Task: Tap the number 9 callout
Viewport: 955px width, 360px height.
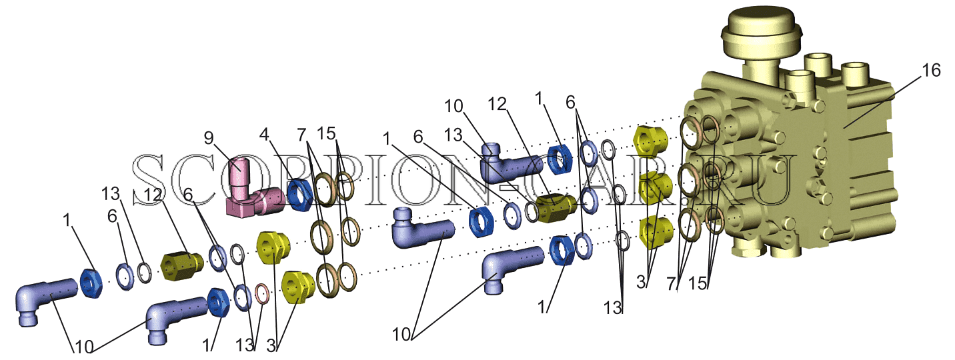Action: [x=209, y=137]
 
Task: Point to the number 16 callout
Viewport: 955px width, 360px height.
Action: [x=931, y=70]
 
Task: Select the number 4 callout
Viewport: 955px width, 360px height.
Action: [x=264, y=135]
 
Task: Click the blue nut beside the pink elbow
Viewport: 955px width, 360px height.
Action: [x=300, y=195]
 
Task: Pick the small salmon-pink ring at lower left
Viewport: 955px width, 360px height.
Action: [x=262, y=295]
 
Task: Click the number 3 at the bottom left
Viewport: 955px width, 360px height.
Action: [x=271, y=345]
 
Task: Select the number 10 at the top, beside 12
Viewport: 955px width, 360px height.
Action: [x=453, y=106]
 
